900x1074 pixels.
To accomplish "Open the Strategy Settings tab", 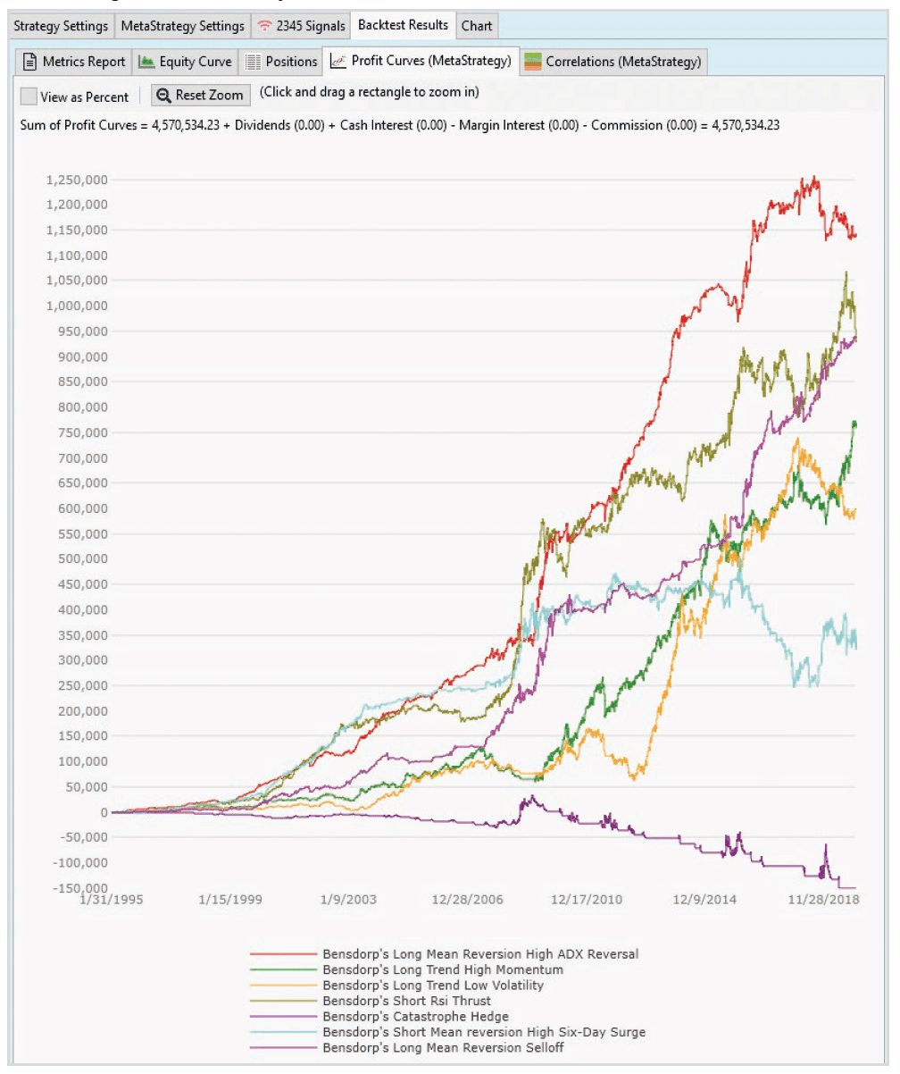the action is point(61,26).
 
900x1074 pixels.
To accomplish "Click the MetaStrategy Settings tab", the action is point(182,26).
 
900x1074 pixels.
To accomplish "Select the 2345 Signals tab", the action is point(301,26).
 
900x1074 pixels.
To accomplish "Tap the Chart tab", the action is point(477,26).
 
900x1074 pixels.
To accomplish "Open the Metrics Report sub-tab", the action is point(74,62).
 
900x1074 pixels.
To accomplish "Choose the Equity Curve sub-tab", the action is point(185,62).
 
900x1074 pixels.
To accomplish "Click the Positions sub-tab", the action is point(280,62).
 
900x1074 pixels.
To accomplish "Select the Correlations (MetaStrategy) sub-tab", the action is point(612,62).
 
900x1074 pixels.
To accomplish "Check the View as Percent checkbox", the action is point(29,96).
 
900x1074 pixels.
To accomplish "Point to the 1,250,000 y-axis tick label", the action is point(77,180).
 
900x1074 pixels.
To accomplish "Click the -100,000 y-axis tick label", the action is point(80,862).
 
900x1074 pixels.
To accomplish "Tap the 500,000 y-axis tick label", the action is point(83,559).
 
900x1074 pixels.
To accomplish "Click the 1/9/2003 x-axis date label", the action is point(348,899).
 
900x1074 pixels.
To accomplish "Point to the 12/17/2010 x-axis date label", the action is point(587,899).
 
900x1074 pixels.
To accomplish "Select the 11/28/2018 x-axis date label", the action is point(823,899).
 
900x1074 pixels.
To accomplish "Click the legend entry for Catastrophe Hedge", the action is point(415,1017).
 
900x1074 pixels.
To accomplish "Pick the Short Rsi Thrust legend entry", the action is point(406,1001).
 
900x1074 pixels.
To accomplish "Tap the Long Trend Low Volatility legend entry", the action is point(433,986).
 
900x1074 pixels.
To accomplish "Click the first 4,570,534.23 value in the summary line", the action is point(186,125).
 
